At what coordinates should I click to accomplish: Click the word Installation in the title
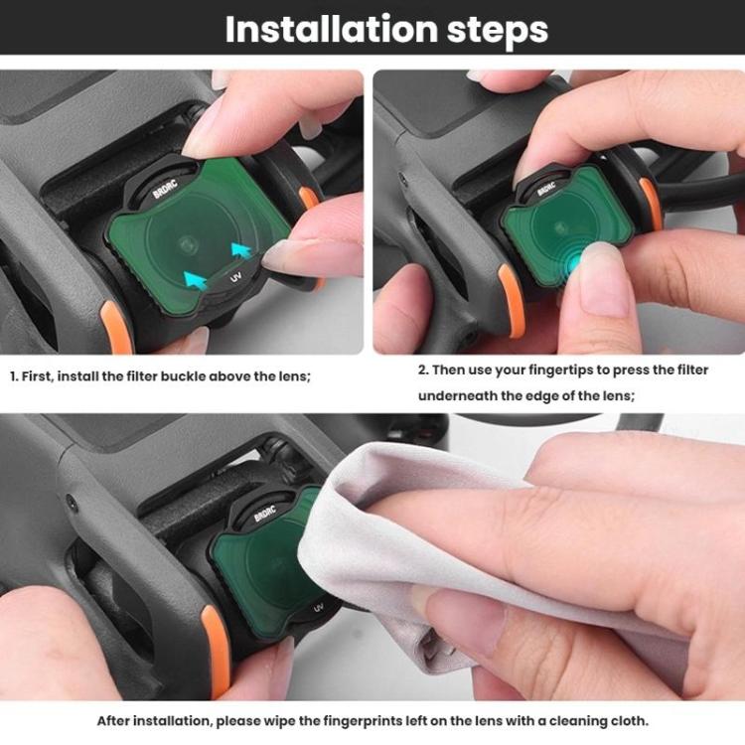(x=332, y=30)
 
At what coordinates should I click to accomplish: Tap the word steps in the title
(x=498, y=32)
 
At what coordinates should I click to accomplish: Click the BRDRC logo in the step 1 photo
(x=165, y=189)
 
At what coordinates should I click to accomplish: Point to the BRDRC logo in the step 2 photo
(x=546, y=189)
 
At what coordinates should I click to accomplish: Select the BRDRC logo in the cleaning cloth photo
(x=264, y=514)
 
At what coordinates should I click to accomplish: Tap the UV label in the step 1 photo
(x=235, y=276)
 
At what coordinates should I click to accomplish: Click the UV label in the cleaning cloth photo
(x=318, y=608)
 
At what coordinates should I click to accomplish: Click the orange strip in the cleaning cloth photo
(x=218, y=651)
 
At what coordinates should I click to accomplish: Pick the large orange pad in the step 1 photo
(x=116, y=328)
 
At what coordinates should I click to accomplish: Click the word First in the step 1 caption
(x=36, y=376)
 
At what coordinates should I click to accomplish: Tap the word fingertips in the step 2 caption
(x=563, y=371)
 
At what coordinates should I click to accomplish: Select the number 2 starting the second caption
(x=422, y=371)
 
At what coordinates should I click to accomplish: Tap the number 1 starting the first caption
(x=14, y=376)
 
